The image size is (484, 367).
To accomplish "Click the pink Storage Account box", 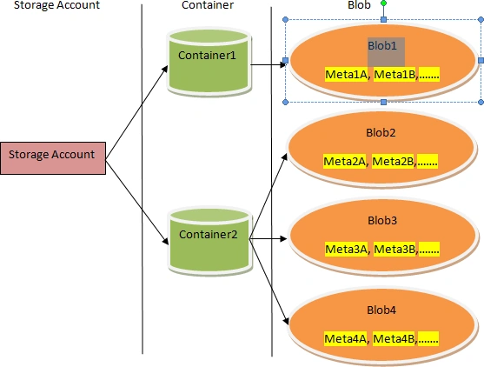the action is click(53, 158).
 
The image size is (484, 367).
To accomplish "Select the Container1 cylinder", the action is click(209, 63).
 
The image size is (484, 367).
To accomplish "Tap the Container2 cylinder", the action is click(210, 241).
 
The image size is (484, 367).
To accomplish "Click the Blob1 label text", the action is click(382, 46).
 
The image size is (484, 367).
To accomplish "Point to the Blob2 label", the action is click(381, 132).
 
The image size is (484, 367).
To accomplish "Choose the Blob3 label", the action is click(382, 220).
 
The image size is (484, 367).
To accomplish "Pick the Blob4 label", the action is click(381, 310).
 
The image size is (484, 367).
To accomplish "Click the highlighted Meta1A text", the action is click(347, 75).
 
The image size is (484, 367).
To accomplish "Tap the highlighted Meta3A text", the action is click(347, 249).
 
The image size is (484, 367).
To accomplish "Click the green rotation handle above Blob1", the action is click(384, 3).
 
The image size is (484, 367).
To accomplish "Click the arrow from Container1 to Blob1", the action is click(269, 65).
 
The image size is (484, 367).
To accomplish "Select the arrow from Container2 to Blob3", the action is click(268, 239).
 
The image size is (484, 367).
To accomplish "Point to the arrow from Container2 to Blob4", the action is click(269, 282).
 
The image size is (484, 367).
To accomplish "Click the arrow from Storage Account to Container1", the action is click(136, 112).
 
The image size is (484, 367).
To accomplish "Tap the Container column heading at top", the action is click(208, 4).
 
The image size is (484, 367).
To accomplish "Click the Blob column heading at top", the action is click(359, 4).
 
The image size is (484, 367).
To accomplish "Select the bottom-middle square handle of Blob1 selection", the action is click(384, 103).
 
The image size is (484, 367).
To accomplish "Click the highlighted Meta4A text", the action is click(346, 339).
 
